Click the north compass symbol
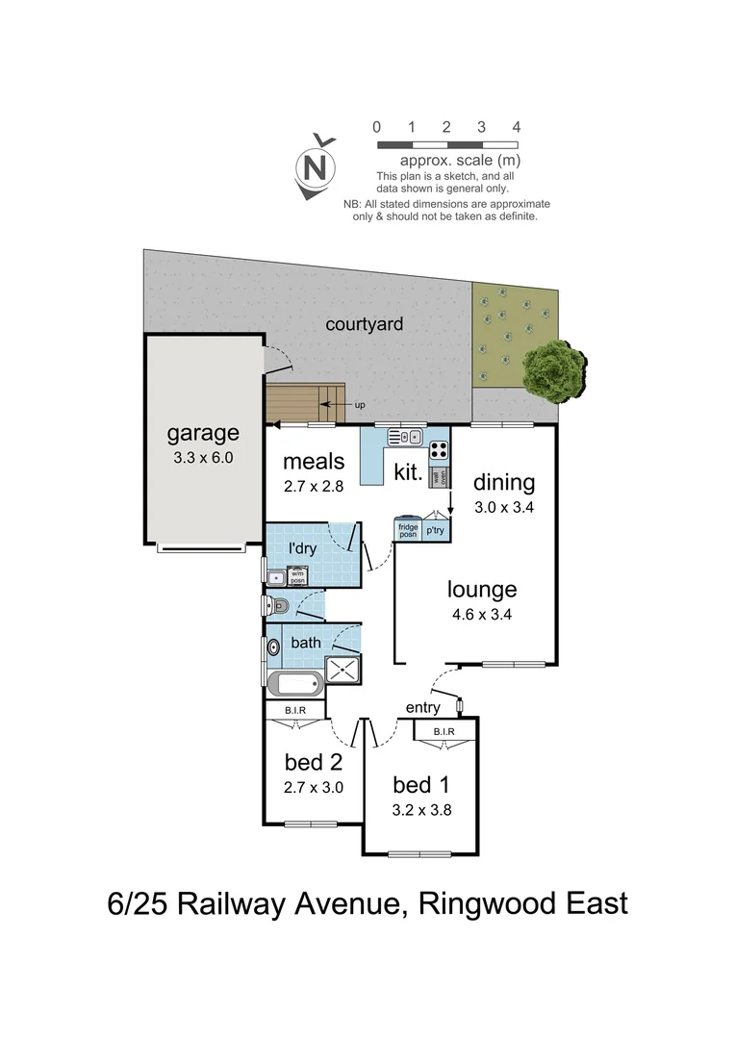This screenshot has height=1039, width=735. click(316, 169)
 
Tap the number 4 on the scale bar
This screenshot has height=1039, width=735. click(517, 127)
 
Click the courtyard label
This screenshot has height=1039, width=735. click(364, 324)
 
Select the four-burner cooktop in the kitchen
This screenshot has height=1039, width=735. click(438, 448)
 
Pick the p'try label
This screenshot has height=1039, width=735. click(436, 530)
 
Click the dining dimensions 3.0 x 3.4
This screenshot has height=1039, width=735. click(503, 507)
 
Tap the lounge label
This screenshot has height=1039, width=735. click(482, 589)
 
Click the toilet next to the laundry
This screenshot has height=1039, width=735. click(278, 606)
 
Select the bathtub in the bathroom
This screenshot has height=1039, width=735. click(294, 686)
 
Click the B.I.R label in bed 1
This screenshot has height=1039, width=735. click(444, 732)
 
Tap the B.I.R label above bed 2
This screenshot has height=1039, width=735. click(295, 710)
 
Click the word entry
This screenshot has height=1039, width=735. click(422, 708)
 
